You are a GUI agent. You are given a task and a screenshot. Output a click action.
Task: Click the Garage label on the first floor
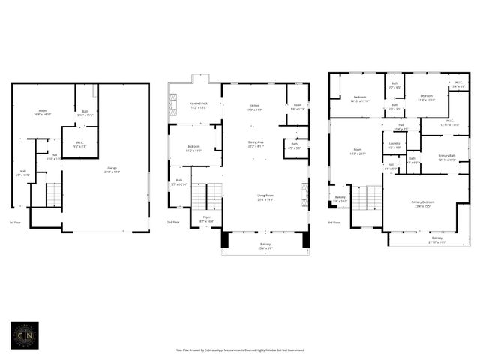(x=112, y=169)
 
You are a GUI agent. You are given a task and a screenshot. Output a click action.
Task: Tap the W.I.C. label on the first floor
(x=79, y=144)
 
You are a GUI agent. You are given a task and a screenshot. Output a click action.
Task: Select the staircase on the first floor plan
(x=54, y=194)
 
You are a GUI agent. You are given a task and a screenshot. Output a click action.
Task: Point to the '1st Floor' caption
(x=14, y=223)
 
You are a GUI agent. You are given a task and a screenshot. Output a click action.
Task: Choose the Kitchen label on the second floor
(x=254, y=106)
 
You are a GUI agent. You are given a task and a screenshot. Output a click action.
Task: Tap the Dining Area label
(x=256, y=144)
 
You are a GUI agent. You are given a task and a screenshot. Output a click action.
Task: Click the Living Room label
(x=265, y=197)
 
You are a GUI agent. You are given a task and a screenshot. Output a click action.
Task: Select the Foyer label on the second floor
(x=206, y=220)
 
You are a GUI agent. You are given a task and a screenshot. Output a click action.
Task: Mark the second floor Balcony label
(x=265, y=245)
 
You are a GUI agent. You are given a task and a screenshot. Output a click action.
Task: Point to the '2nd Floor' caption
(x=173, y=223)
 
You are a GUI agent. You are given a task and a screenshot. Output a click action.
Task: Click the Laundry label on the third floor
(x=394, y=145)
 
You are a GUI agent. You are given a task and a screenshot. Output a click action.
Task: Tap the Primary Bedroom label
(x=423, y=203)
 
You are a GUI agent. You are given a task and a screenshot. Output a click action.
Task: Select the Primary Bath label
(x=447, y=157)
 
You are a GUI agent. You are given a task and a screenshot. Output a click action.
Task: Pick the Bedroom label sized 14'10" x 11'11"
(x=360, y=98)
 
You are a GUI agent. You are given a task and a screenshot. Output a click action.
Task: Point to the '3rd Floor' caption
(x=333, y=223)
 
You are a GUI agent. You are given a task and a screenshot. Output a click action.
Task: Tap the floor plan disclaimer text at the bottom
(x=240, y=350)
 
